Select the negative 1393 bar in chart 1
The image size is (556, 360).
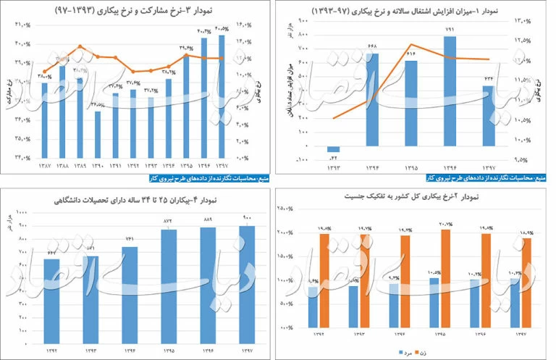click(x=333, y=149)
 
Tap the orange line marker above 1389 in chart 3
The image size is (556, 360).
click(x=80, y=47)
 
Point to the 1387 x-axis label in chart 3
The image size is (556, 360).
click(x=44, y=166)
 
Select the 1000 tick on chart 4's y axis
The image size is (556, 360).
click(x=22, y=212)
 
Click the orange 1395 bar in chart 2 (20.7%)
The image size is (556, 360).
click(x=445, y=278)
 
